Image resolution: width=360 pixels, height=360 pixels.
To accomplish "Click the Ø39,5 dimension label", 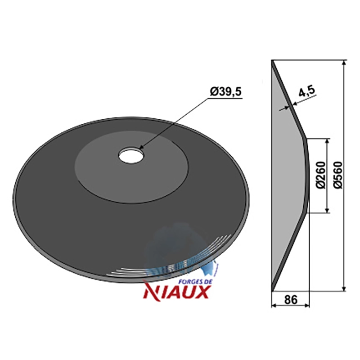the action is click(226, 92).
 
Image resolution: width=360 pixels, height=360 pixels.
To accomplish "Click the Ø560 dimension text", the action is click(338, 175).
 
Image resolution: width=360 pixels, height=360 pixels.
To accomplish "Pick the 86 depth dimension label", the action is click(291, 299).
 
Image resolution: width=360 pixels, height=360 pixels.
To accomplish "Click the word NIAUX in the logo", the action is click(176, 291).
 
